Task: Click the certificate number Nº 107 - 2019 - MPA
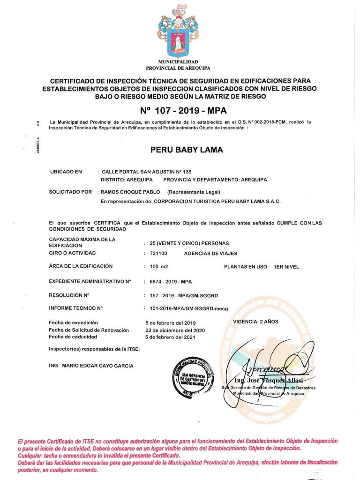(x=184, y=111)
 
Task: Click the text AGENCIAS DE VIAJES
(x=211, y=253)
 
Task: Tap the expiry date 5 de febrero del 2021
(x=171, y=337)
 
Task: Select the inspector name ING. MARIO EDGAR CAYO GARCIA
(x=91, y=366)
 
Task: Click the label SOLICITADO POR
(x=70, y=192)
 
